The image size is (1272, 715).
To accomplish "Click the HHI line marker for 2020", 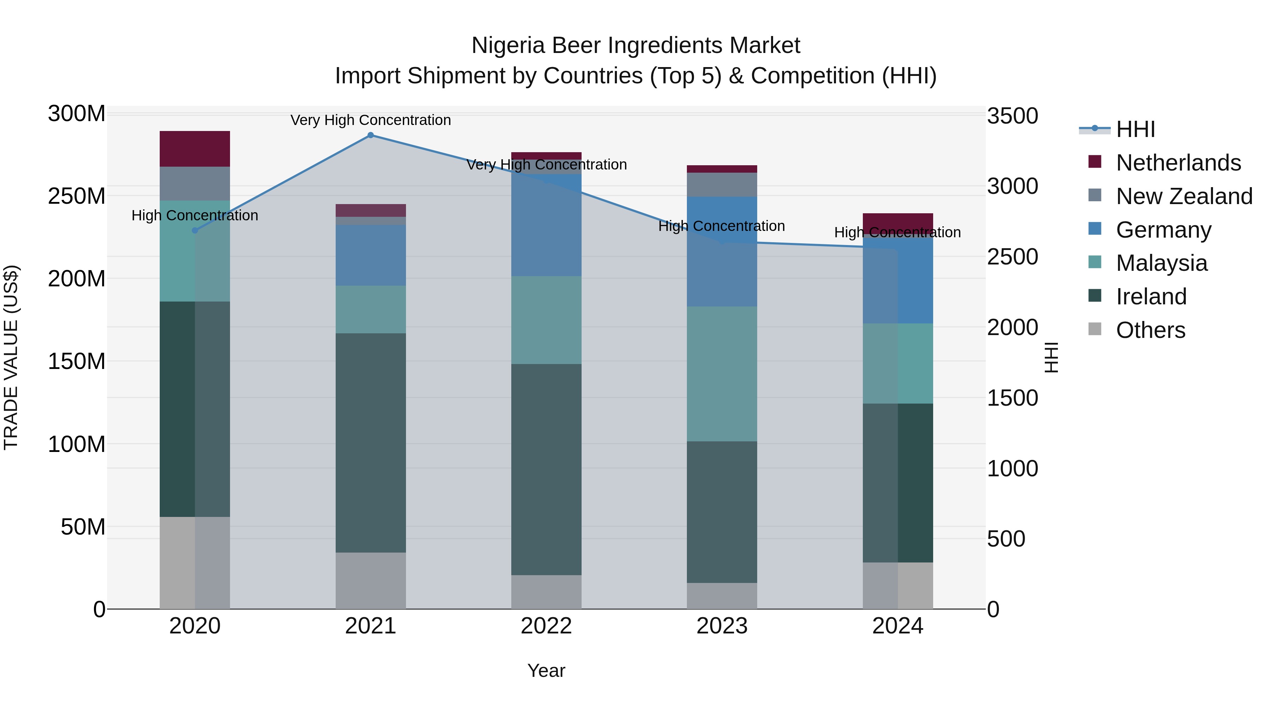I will [195, 231].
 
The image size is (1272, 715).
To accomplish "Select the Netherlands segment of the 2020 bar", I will [195, 149].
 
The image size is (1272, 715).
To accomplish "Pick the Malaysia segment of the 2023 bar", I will [722, 374].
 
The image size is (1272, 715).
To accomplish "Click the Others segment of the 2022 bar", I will [546, 592].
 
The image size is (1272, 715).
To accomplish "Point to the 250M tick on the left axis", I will [77, 196].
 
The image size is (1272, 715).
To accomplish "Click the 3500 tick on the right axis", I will [1012, 117].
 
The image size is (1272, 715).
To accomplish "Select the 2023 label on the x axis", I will [722, 626].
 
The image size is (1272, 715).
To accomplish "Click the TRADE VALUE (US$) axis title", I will [11, 357].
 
